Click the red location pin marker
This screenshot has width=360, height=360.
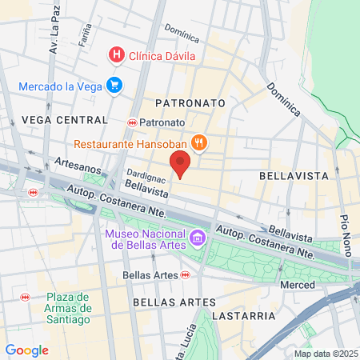(181, 165)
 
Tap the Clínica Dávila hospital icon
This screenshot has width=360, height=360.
(117, 55)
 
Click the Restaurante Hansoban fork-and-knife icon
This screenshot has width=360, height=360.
(199, 144)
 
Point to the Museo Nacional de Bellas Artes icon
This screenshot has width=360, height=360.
(196, 238)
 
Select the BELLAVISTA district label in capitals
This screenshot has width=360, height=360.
(290, 174)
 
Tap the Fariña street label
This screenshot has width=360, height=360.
(86, 34)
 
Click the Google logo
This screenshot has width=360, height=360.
(26, 350)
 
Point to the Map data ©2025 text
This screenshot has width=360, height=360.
(326, 353)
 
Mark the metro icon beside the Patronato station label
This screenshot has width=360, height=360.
(133, 122)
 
